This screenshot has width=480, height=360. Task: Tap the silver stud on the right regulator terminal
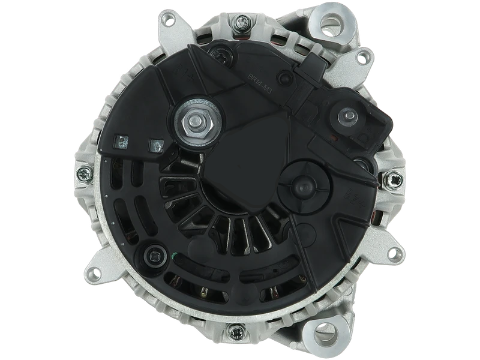tap(347, 116)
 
